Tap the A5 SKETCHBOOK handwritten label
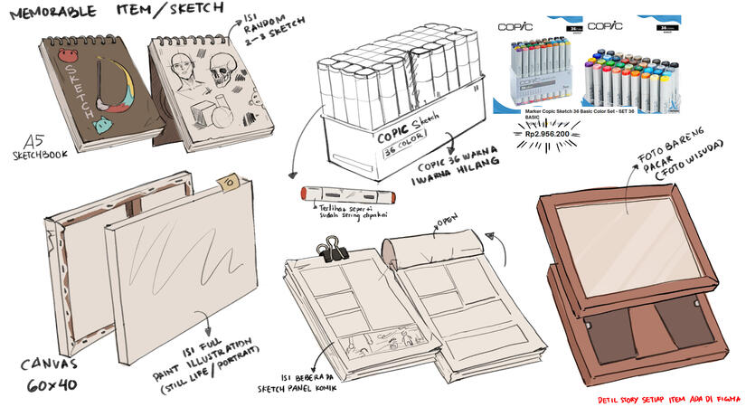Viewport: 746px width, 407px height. click(36, 149)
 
